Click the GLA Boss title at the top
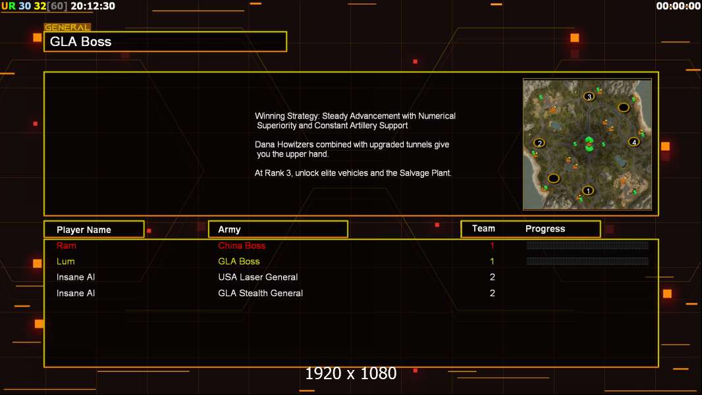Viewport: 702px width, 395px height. pyautogui.click(x=80, y=41)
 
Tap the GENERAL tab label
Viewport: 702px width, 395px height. pyautogui.click(x=67, y=27)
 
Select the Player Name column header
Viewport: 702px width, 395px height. pyautogui.click(x=84, y=230)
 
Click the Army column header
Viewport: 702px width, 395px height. pyautogui.click(x=229, y=230)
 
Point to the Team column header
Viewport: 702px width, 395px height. pyautogui.click(x=483, y=228)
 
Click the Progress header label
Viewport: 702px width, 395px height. pyautogui.click(x=545, y=228)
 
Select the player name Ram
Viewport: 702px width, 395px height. pyautogui.click(x=67, y=246)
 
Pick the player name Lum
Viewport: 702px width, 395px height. pyautogui.click(x=65, y=261)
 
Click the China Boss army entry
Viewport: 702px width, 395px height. pyautogui.click(x=242, y=246)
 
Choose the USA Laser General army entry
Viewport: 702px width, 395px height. pyautogui.click(x=258, y=277)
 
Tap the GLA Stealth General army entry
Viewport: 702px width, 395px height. pyautogui.click(x=261, y=293)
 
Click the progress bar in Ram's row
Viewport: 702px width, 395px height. pyautogui.click(x=587, y=245)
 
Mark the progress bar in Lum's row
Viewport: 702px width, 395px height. pyautogui.click(x=587, y=261)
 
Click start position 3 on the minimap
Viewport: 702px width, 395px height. pyautogui.click(x=589, y=96)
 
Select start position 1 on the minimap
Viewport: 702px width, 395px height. pyautogui.click(x=588, y=190)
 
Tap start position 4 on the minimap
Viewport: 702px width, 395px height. pyautogui.click(x=634, y=142)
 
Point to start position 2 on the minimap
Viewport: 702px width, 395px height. pyautogui.click(x=539, y=143)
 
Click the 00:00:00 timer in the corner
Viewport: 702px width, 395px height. pyautogui.click(x=678, y=6)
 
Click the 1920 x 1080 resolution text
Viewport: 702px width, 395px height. pyautogui.click(x=351, y=373)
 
